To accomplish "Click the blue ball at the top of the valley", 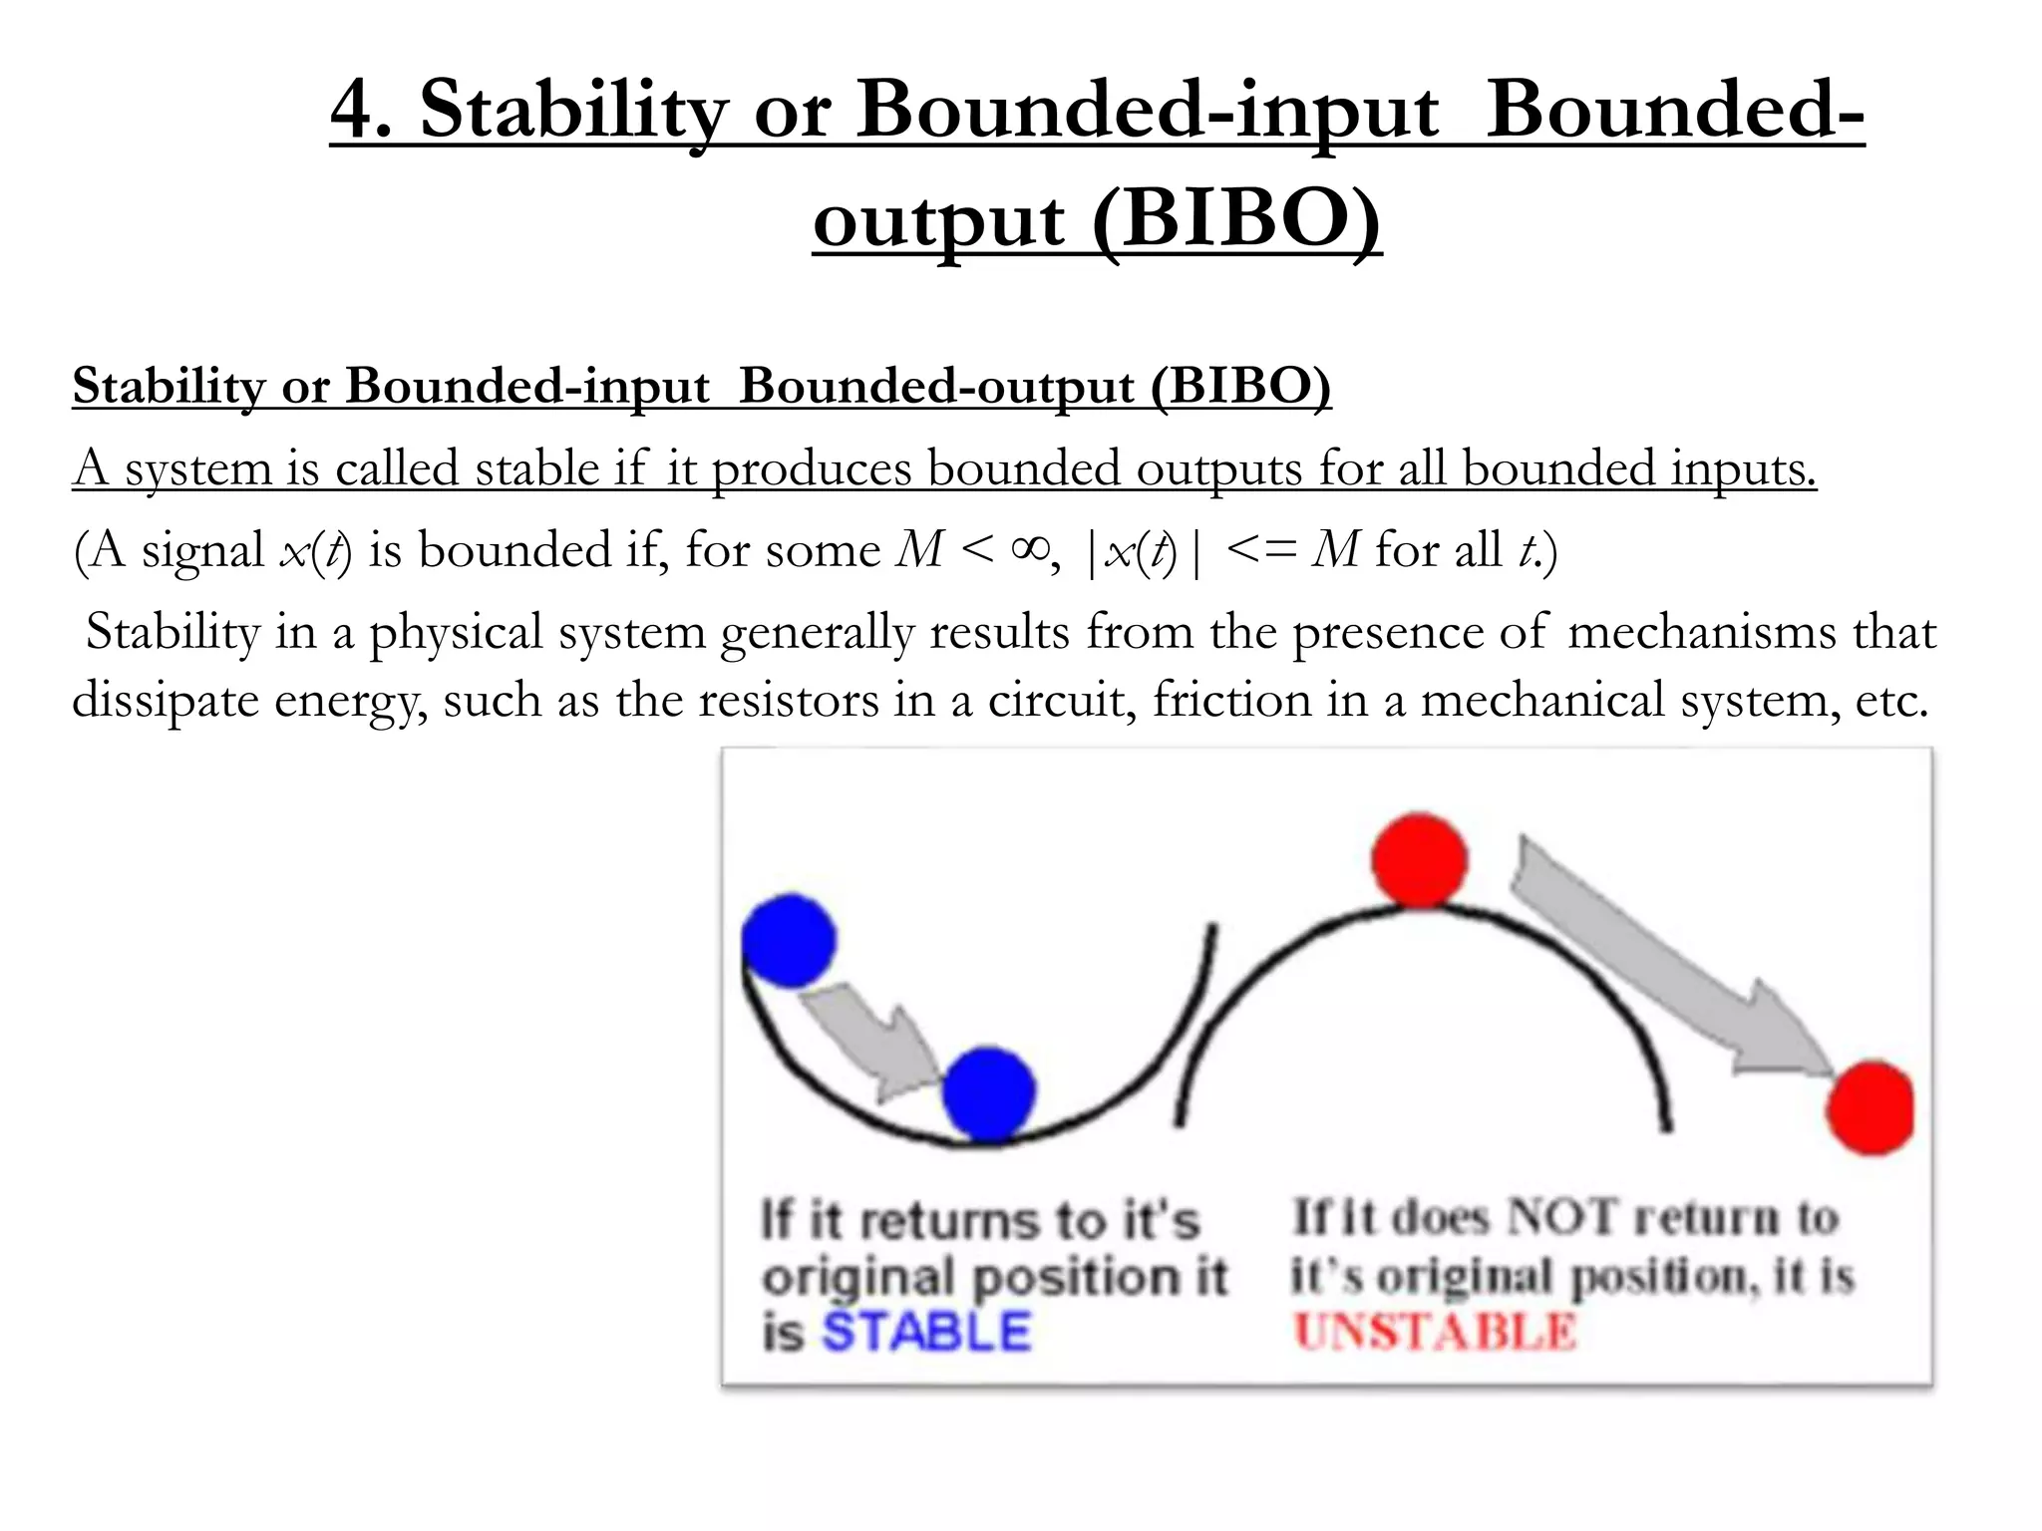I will (x=789, y=941).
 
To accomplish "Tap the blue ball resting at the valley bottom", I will (x=989, y=1093).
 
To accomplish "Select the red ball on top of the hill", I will (x=1420, y=859).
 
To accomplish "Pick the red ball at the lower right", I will (x=1871, y=1107).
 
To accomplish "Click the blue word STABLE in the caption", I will (x=926, y=1332).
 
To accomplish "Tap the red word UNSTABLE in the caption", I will (x=1435, y=1332).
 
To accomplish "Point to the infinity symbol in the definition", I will (x=1030, y=549).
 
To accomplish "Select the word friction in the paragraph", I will (x=1231, y=700).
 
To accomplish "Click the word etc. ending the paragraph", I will (x=1890, y=700).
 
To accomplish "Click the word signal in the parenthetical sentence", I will (x=202, y=550).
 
